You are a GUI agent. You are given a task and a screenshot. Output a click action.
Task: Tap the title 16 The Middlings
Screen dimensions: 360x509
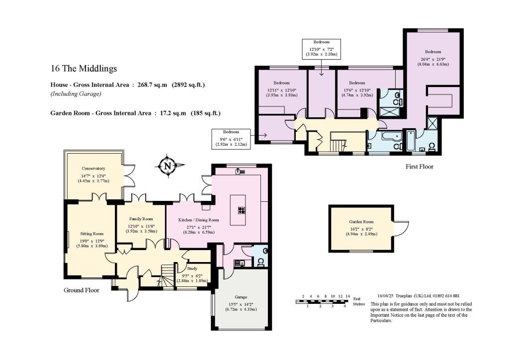[x=84, y=69]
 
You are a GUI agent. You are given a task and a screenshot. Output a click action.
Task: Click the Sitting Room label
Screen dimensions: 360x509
[x=91, y=233]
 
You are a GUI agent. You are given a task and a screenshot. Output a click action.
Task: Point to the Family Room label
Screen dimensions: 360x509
[x=141, y=219]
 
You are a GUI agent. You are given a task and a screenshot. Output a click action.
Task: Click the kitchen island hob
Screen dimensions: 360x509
[x=241, y=210]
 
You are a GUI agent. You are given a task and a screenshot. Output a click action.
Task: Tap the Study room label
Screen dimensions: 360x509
[x=192, y=269]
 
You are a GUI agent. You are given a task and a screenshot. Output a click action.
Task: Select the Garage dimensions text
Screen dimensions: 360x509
[x=242, y=306]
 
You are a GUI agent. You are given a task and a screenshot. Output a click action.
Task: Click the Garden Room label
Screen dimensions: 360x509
[x=361, y=222]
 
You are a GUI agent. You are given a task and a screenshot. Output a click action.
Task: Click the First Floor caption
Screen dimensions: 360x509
[x=419, y=167]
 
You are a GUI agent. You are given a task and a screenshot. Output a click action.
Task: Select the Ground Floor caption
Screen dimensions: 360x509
[x=82, y=290]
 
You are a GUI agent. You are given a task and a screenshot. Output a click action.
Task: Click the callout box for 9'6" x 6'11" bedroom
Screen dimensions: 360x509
[x=230, y=138]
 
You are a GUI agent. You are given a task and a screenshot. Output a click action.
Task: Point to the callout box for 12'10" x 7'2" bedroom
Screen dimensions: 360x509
[x=321, y=48]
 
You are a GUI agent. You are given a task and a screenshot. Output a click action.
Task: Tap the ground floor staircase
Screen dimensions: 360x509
[x=168, y=275]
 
